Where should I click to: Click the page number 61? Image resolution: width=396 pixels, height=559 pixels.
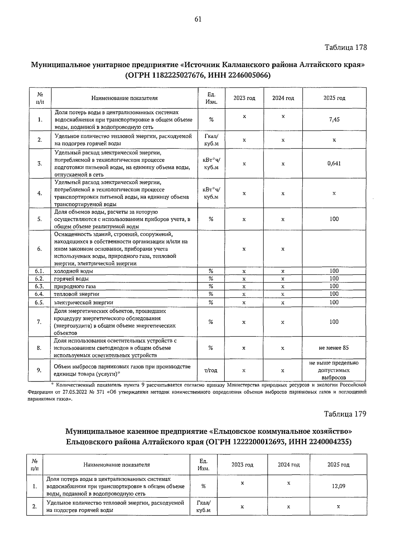[x=198, y=19]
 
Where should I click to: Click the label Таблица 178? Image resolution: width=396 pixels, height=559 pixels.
[x=346, y=47]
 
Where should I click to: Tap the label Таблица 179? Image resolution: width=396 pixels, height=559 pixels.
[x=345, y=414]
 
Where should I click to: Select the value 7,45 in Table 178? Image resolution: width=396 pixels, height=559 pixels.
[x=334, y=120]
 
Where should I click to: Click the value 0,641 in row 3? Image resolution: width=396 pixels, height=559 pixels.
[x=334, y=163]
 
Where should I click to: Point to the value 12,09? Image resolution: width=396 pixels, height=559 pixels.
[x=338, y=486]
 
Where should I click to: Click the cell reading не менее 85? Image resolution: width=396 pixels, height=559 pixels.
[x=334, y=348]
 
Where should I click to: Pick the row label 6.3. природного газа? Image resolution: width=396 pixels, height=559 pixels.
[x=75, y=286]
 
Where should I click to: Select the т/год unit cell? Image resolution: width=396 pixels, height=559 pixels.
[x=211, y=370]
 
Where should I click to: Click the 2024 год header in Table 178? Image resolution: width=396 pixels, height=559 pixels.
[x=283, y=98]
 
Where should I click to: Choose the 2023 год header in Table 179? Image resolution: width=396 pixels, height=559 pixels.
[x=242, y=465]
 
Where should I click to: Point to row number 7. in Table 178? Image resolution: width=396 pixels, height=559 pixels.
[x=39, y=322]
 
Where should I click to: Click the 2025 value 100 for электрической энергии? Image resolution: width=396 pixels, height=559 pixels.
[x=334, y=302]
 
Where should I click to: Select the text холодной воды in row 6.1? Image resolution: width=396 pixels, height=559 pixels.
[x=73, y=271]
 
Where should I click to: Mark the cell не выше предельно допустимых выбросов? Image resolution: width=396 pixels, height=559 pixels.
[x=334, y=370]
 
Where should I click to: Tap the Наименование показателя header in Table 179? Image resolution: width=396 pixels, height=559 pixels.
[x=116, y=465]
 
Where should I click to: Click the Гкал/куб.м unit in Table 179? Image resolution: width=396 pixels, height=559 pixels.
[x=203, y=507]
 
